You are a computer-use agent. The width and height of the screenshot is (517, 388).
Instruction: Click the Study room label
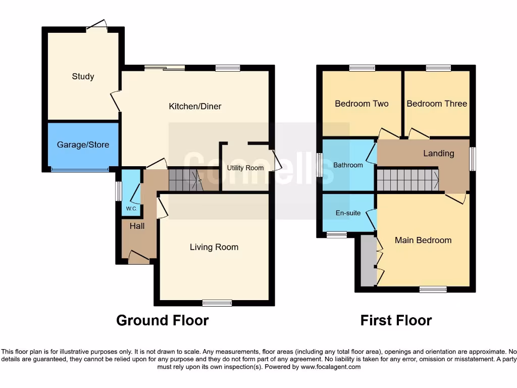(x=83, y=77)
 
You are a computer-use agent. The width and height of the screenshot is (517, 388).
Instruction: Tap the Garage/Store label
(x=83, y=145)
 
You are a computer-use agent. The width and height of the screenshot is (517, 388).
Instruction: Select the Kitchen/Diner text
(x=195, y=107)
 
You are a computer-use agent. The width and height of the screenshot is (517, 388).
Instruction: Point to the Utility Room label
(x=245, y=168)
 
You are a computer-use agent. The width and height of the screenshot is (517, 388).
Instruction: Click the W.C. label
(x=131, y=209)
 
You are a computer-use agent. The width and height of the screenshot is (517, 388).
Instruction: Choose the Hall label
(x=137, y=226)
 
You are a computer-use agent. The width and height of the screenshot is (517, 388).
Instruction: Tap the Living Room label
(x=214, y=247)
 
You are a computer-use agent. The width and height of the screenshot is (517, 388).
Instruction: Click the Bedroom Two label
(x=361, y=104)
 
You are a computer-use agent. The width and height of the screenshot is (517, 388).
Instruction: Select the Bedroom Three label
(x=437, y=104)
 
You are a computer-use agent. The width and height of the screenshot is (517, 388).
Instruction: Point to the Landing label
(x=438, y=154)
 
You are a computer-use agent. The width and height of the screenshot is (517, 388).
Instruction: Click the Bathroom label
(x=348, y=165)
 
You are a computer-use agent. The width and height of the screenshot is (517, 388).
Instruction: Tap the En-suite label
(x=348, y=213)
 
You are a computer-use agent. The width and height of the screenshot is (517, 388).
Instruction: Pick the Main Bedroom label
(x=423, y=240)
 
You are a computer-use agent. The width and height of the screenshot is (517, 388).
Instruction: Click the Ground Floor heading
(x=162, y=320)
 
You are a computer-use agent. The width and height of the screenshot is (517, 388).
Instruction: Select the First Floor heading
(x=396, y=320)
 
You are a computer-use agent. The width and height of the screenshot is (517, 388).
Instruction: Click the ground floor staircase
(x=185, y=180)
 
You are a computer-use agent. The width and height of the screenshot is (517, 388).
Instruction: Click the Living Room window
(x=217, y=303)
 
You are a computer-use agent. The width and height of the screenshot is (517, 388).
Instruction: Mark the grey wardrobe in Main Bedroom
(x=369, y=260)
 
